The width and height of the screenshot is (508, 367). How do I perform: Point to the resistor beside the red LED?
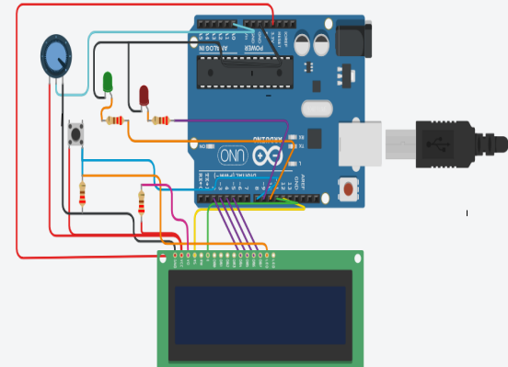[161, 119]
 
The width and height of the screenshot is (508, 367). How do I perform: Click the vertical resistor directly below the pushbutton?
[84, 195]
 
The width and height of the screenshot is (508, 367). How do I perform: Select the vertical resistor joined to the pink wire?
[142, 200]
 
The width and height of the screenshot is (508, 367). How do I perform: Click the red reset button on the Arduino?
[350, 189]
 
